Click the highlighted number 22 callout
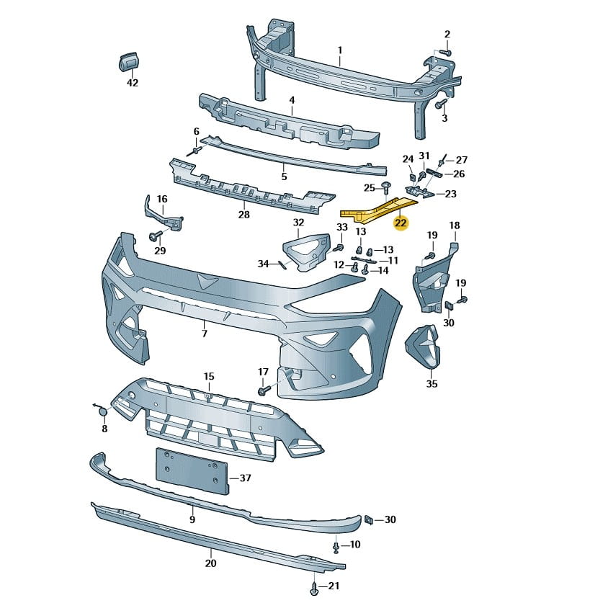click(401, 223)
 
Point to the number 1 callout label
click(340, 50)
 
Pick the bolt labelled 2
click(444, 52)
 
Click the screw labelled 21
click(314, 589)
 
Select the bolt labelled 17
click(263, 390)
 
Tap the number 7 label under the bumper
click(204, 334)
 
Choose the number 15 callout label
click(209, 376)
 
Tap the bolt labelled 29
click(155, 236)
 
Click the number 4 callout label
click(292, 100)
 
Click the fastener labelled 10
click(336, 548)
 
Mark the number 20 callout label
click(210, 563)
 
